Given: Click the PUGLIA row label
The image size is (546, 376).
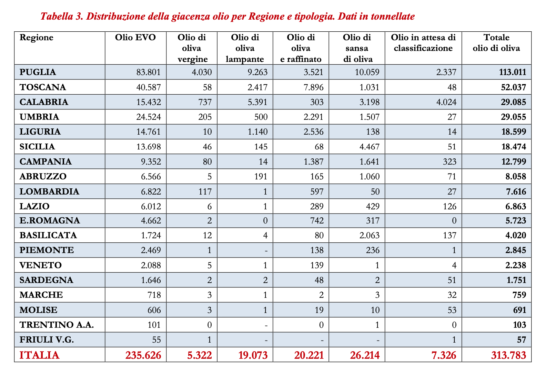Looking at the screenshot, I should click(x=38, y=72).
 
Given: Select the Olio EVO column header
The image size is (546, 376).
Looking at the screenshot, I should click(x=135, y=38).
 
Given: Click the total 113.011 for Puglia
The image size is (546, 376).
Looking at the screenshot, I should click(x=513, y=72).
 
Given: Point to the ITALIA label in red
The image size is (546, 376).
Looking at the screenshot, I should click(x=39, y=355).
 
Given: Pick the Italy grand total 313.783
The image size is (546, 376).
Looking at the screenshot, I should click(x=508, y=355).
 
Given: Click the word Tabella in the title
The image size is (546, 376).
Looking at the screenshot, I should click(x=56, y=17).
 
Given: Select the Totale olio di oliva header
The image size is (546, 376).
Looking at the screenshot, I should click(x=496, y=43).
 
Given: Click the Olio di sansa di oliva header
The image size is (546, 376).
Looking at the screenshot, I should click(x=357, y=48).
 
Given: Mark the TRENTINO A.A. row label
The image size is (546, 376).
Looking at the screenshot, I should click(x=57, y=325).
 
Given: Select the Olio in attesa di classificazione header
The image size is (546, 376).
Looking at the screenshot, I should click(x=423, y=43).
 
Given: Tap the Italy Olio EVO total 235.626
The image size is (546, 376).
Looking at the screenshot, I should click(x=144, y=355).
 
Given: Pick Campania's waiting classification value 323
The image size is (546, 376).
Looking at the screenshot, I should click(x=449, y=162).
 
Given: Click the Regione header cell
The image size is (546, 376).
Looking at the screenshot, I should click(x=37, y=38).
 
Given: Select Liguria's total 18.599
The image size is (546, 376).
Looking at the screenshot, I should click(x=513, y=132).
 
